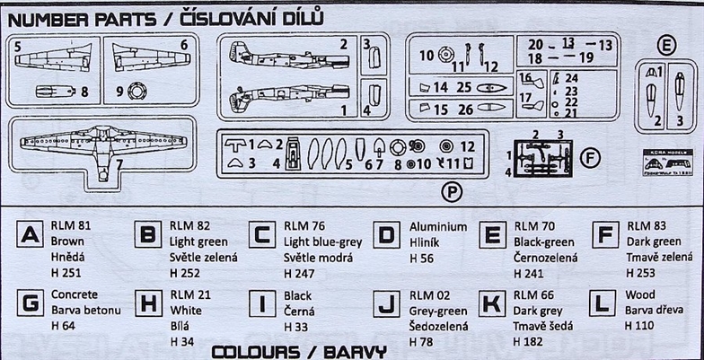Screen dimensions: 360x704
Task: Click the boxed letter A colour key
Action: click(31, 235)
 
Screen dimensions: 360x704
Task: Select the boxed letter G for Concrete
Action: click(31, 303)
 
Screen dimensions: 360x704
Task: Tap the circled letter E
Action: click(665, 45)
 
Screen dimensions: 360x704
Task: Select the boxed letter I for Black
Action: click(260, 303)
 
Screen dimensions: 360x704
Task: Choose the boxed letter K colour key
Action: click(491, 303)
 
